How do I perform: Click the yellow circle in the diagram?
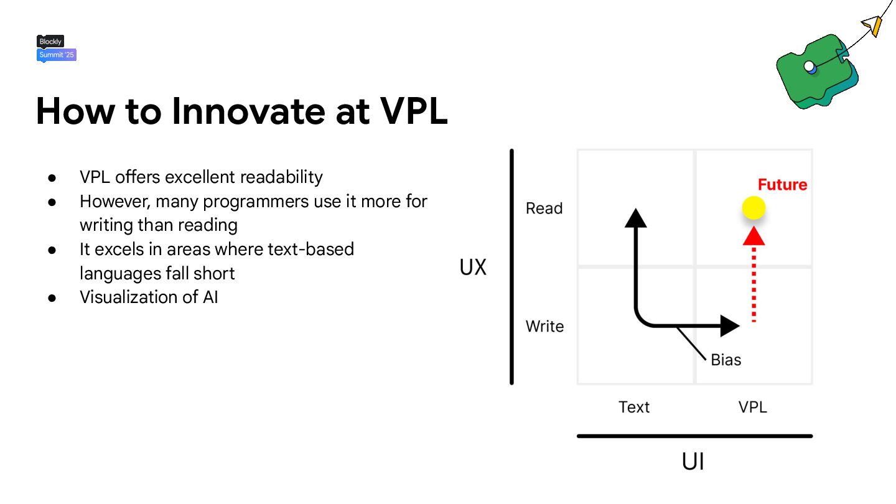click(754, 208)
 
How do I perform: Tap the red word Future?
click(782, 185)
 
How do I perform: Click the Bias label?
click(726, 360)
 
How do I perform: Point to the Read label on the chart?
click(544, 208)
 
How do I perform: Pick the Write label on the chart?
click(544, 326)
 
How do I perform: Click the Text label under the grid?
click(633, 407)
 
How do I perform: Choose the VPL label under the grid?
click(752, 407)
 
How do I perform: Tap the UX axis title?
click(472, 268)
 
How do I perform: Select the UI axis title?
click(693, 462)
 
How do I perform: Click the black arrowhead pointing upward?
click(635, 218)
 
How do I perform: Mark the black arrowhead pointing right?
click(729, 325)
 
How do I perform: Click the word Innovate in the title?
click(248, 111)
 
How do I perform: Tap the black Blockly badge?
click(50, 42)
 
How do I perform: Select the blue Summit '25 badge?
click(57, 55)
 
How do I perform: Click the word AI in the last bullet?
click(210, 297)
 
